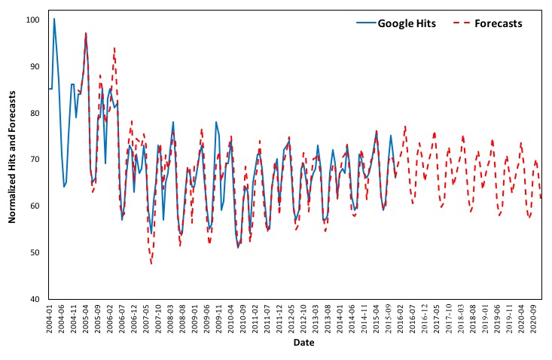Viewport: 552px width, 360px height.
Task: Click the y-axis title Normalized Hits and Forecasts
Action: pos(13,158)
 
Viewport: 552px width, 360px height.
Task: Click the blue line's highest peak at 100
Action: pos(54,19)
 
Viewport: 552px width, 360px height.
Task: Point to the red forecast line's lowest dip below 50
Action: pos(151,264)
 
